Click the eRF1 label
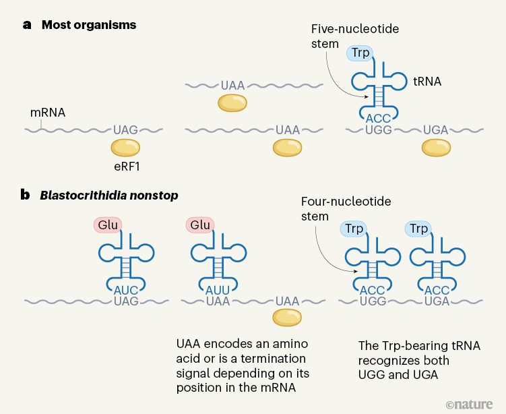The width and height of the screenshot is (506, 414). [x=127, y=165]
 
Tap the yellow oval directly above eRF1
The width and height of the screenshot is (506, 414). [x=126, y=147]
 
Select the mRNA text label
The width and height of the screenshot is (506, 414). [x=48, y=113]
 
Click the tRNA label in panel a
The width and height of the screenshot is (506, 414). [x=426, y=81]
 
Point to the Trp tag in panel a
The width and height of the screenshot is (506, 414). [x=361, y=53]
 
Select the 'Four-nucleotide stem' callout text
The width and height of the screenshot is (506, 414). [x=346, y=209]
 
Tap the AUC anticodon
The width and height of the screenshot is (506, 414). [x=126, y=289]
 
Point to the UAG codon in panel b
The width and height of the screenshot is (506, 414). [x=126, y=301]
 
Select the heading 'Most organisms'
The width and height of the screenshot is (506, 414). [x=89, y=26]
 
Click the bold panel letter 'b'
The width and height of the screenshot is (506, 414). [x=26, y=196]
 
